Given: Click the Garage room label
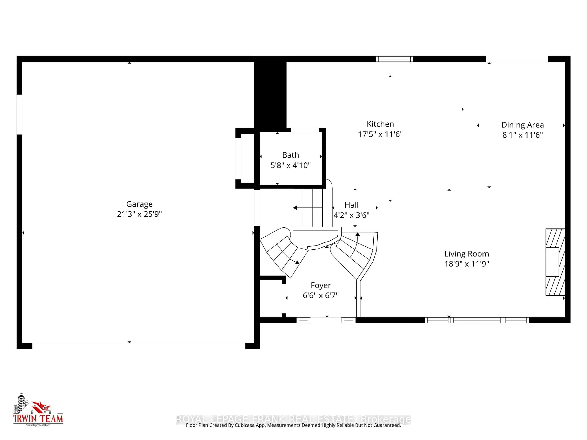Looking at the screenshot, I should click(139, 204).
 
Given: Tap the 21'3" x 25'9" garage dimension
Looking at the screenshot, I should click(139, 214).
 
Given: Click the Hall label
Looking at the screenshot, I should click(351, 205).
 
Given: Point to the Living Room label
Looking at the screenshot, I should click(467, 254).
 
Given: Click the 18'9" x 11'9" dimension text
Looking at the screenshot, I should click(467, 264).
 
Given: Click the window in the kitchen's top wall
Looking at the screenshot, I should click(394, 59).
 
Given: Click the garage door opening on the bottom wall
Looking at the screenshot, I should click(138, 346).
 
